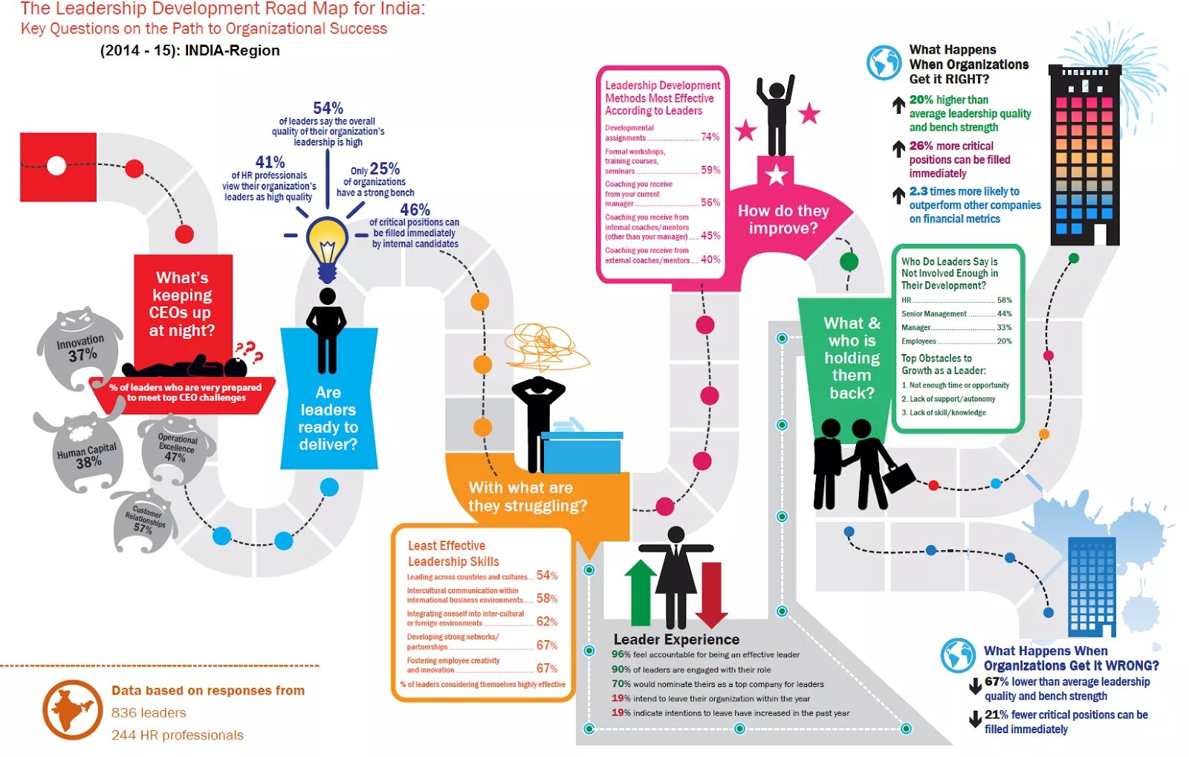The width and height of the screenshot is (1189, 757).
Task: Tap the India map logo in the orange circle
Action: click(x=72, y=709)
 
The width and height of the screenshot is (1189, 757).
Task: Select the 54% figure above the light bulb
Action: click(x=328, y=109)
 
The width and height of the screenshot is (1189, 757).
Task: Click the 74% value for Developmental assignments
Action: click(x=710, y=137)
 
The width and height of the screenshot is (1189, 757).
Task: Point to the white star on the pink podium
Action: click(x=777, y=175)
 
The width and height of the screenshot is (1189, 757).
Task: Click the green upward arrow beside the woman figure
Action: click(x=640, y=592)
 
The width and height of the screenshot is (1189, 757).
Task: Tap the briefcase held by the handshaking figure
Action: click(x=898, y=477)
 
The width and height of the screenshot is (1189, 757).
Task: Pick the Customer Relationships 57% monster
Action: click(x=144, y=521)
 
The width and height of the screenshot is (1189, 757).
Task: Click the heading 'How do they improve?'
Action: click(x=783, y=219)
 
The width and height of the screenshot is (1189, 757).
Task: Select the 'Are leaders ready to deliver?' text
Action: click(x=328, y=418)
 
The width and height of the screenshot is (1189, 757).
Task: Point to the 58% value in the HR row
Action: click(x=1004, y=300)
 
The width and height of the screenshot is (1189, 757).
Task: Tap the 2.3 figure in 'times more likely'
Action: click(x=918, y=191)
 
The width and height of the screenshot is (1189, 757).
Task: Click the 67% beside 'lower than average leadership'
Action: click(x=997, y=681)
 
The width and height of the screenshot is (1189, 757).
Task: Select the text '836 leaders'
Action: click(x=149, y=712)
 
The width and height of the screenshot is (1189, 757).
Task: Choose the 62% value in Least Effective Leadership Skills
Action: click(x=546, y=622)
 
